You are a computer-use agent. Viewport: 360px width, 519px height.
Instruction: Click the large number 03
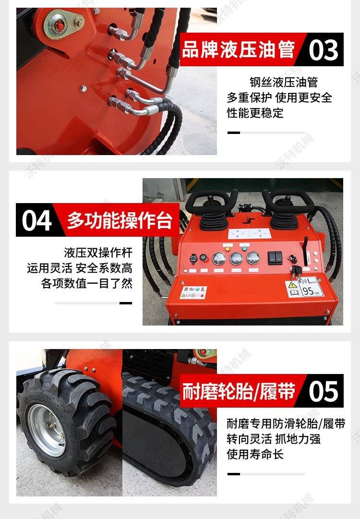pos(323,50)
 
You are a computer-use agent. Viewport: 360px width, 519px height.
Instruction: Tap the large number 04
pos(37,220)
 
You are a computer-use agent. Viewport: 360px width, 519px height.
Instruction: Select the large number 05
pos(323,391)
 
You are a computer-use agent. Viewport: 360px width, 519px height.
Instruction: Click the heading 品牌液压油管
pos(238,49)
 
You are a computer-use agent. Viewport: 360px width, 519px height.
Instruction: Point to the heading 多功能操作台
pos(120,220)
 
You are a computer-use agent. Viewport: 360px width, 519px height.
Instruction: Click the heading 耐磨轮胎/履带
pos(239,391)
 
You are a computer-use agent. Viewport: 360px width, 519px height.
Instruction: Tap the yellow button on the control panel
pos(228,249)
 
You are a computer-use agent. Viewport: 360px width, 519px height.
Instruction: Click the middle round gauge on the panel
pos(236,258)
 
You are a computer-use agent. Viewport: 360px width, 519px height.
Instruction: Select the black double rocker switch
pos(275,257)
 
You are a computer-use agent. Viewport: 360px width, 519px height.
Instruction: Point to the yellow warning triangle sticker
pos(292,285)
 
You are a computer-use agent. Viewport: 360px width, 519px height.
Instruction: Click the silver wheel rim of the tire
pos(47,430)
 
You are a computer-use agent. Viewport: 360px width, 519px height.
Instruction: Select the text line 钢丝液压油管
pos(284,82)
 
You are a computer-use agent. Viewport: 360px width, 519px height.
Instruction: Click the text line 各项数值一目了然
pos(87,284)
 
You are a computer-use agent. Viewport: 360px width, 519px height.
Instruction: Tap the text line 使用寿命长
pos(255,455)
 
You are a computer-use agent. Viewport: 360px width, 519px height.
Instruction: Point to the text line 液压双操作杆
pos(98,253)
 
